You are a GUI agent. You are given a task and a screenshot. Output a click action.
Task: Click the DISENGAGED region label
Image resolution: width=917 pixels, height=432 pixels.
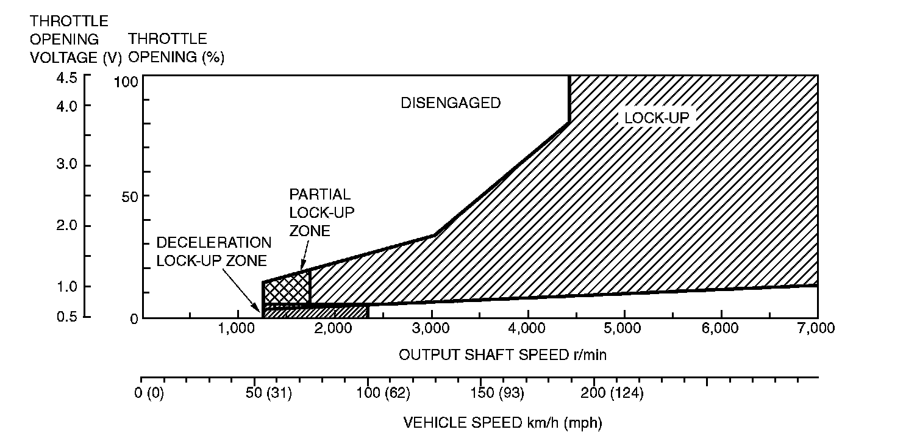click(451, 103)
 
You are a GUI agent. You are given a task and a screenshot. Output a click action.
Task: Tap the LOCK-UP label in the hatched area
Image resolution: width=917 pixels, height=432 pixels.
click(657, 118)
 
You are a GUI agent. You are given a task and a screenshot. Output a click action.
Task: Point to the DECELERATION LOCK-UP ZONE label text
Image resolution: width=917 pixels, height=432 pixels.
click(214, 251)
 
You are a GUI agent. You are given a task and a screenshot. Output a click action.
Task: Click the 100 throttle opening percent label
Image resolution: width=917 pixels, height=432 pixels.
click(127, 82)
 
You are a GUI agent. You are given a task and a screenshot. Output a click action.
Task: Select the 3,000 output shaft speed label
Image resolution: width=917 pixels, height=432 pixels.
click(431, 328)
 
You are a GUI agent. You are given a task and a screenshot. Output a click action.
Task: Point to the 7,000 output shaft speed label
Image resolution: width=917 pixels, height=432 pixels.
click(816, 328)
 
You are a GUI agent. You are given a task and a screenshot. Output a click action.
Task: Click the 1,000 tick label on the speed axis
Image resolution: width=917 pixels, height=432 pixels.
click(238, 328)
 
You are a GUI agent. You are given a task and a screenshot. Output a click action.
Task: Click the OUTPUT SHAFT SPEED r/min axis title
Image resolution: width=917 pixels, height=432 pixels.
click(503, 355)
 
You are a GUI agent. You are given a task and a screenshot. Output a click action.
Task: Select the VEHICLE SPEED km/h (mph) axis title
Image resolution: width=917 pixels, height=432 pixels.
click(503, 422)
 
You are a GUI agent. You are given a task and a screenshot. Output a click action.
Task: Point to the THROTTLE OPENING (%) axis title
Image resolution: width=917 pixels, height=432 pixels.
click(176, 48)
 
